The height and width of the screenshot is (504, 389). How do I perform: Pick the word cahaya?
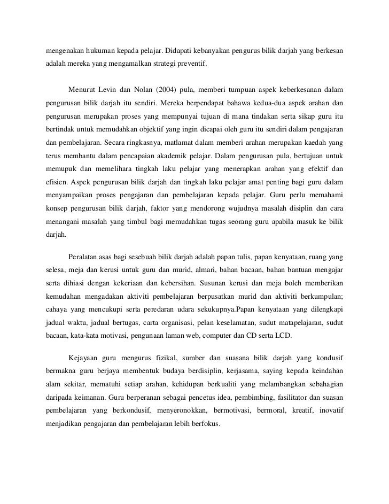[57, 308]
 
